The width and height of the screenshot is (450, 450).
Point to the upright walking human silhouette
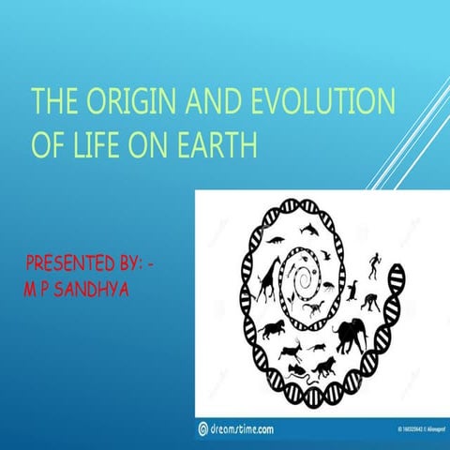tap(376, 265)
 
